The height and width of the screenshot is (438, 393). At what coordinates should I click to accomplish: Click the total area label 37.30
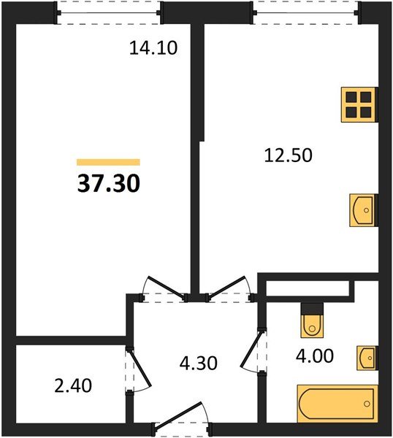(x=108, y=182)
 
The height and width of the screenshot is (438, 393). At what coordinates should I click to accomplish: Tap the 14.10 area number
(x=153, y=49)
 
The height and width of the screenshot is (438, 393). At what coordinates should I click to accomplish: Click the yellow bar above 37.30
(x=108, y=163)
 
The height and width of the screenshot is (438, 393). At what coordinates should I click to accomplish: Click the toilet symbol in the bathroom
(x=312, y=320)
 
